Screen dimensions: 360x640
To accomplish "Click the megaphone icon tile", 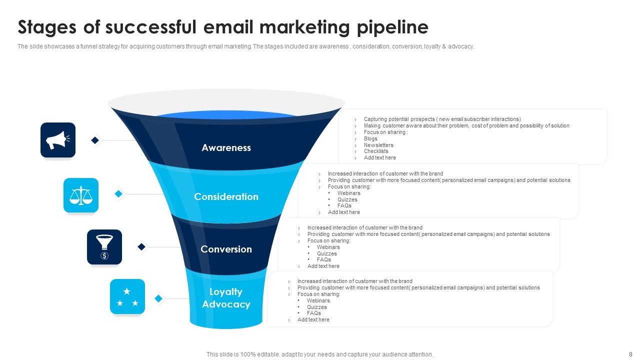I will point(58,140).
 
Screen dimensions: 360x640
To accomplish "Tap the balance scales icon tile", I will point(81,195).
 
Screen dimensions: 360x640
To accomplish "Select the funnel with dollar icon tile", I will point(104,247).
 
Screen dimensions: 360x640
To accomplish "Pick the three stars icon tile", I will point(127,296).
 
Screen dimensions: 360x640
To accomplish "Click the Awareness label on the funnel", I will point(226,147).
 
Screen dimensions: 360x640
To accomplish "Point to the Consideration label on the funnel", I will point(226,196).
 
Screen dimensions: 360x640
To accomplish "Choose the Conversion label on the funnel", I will point(226,249).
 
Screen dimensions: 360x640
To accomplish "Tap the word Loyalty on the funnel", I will point(226,292).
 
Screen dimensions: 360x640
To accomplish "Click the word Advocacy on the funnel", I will point(226,304).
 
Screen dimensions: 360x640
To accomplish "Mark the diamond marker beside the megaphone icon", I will point(95,140).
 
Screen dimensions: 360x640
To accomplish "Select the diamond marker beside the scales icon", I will point(118,193).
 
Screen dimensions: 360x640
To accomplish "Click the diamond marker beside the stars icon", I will point(158,298).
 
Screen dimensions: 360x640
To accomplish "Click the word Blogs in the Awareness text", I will point(370,138).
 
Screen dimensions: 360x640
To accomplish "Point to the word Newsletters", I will point(378,145).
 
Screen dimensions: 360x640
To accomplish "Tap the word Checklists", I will point(376,151).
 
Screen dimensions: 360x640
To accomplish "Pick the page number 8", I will point(630,354).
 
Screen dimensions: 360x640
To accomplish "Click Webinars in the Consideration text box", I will point(348,193).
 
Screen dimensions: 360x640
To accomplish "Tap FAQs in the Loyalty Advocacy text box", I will point(314,313).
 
